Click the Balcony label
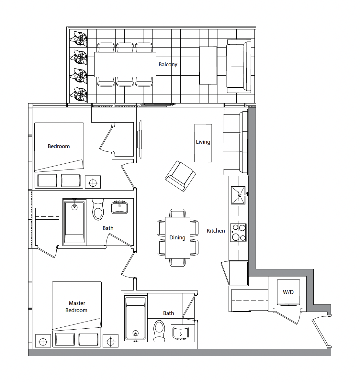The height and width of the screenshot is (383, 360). tap(168, 64)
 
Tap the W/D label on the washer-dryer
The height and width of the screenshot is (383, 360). tap(288, 292)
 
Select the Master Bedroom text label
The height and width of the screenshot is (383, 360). tap(76, 307)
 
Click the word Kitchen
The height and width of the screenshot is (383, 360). tap(216, 231)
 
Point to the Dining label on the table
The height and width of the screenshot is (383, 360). tap(177, 238)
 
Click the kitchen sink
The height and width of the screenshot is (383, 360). tap(238, 195)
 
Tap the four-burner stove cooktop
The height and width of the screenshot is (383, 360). tap(238, 233)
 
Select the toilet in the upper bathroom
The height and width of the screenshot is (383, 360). tap(98, 209)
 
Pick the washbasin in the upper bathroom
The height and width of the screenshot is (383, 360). tap(119, 208)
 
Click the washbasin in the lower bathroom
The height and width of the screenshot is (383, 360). tap(181, 333)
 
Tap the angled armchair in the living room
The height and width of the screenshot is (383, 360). tap(180, 176)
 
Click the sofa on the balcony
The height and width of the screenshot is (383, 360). tap(239, 66)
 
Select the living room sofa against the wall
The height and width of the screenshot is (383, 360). tap(236, 142)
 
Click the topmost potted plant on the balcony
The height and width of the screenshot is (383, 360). tap(79, 38)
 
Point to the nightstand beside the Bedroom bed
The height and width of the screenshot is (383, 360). tap(93, 182)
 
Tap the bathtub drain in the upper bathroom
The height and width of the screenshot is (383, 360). tap(74, 207)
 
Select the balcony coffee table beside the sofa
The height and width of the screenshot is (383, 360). tap(208, 65)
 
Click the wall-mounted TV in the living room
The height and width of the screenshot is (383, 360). tap(140, 139)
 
